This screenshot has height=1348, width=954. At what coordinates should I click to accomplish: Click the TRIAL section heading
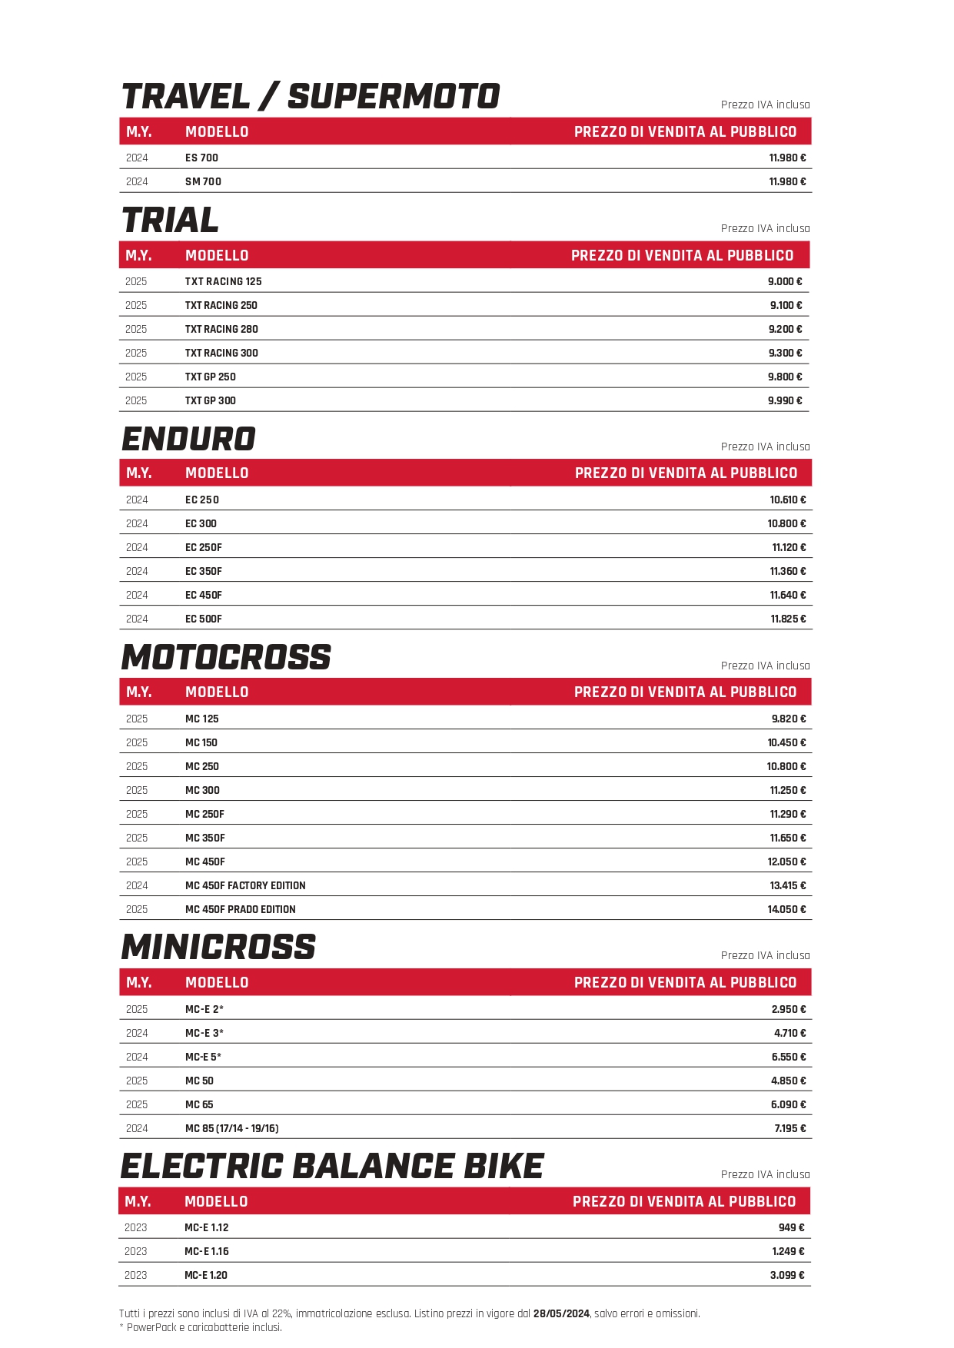point(171,221)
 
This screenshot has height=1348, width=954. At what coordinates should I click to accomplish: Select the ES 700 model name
point(201,158)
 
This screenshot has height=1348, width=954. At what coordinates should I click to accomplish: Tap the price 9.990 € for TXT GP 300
point(784,400)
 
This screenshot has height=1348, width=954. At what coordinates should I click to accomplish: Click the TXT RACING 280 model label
point(221,329)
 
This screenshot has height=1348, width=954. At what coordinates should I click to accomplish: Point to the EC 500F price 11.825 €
point(788,619)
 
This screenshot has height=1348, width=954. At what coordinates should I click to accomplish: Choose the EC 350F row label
point(204,571)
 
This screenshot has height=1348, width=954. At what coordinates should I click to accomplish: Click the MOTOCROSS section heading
point(226,658)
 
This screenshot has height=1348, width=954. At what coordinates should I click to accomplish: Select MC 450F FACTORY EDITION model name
point(245,885)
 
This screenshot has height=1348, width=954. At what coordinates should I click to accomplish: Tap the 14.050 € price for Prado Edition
point(786,909)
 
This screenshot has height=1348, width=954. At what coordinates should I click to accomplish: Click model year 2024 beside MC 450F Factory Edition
point(137,885)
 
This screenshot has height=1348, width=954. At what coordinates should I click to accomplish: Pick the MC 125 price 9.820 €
point(789,719)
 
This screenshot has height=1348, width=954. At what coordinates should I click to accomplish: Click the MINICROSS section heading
point(219,948)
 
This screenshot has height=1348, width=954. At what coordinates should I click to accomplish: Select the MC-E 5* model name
point(203,1057)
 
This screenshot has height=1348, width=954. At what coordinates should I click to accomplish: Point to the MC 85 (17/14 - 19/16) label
point(231,1128)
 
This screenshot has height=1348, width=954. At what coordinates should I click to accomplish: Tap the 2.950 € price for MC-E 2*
point(789,1009)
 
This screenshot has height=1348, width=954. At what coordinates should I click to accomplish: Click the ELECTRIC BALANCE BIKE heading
point(332,1167)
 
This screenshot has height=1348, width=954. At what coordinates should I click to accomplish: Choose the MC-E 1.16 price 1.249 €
point(788,1251)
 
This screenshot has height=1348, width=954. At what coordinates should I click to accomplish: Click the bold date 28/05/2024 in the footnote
point(561,1313)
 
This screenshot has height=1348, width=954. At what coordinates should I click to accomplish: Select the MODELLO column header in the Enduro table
point(217,473)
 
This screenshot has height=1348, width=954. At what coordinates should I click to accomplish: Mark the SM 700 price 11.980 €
point(787,181)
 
